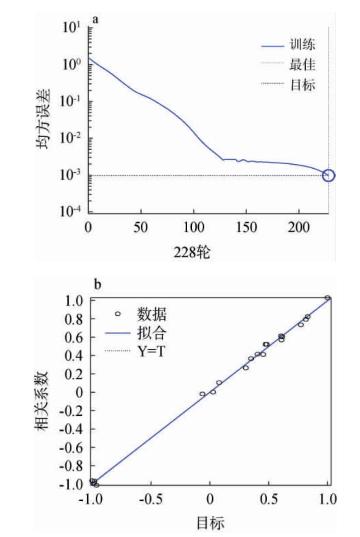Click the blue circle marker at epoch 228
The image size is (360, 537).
point(329,175)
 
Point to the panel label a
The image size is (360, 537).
point(95,19)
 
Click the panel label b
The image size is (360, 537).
point(96,285)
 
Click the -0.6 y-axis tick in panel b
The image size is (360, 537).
point(74,447)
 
